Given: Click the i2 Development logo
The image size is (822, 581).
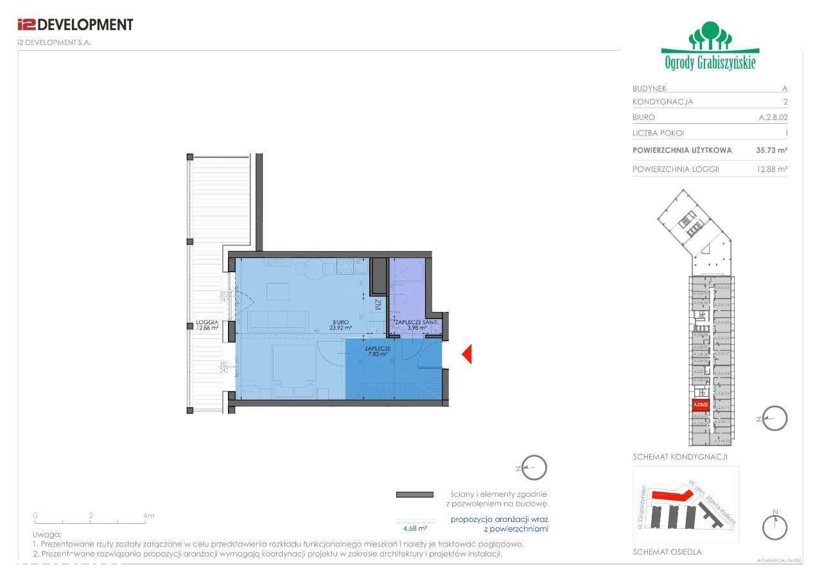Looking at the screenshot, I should pos(75,25).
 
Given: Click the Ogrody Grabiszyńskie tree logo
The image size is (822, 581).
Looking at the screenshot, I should pos(710,46).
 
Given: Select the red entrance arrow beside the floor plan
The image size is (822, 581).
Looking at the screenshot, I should pos(468,354).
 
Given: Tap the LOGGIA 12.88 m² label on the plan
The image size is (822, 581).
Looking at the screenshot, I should pos(207,325).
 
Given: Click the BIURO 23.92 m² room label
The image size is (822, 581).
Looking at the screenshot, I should pos(340,325).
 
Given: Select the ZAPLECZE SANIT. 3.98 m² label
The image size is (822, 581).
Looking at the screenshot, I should pos(416,325).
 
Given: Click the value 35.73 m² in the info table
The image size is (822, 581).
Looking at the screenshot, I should pos(771,150).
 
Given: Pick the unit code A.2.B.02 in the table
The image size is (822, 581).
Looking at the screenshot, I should pos(773,117).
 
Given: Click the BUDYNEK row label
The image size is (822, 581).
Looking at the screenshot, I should pos(649,89).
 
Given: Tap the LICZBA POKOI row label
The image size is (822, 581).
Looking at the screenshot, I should pos(658,134).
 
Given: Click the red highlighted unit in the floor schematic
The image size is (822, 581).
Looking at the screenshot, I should pos(700,405).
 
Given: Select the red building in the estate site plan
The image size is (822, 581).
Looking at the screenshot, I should pos(671,495).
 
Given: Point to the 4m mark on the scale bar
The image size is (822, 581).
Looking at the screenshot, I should pos(148,516).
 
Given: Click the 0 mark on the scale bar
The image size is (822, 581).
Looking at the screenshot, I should pos(35,516).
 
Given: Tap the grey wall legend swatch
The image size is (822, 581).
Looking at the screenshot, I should pos(414,494).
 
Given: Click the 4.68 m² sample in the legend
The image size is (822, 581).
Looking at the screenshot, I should pos(415,528).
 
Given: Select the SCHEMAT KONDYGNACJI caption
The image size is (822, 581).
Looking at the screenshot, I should pos(671,457).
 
